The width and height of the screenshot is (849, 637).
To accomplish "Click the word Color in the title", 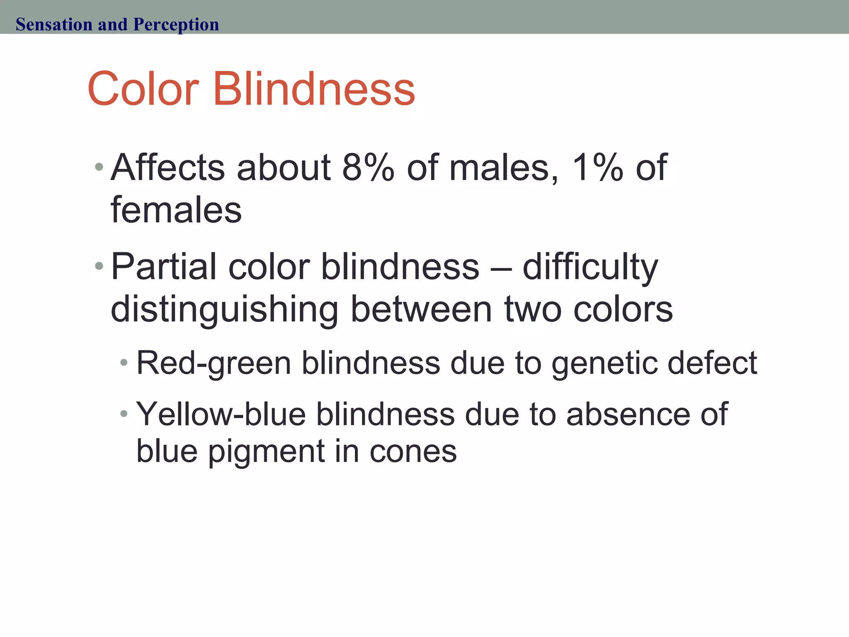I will point(143,89).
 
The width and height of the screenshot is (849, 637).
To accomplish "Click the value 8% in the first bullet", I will point(368,168).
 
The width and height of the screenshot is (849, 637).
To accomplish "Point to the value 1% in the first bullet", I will point(597,168).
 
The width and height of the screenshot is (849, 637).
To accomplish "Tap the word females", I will point(176,210).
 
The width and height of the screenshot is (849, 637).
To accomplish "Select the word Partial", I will point(164,267).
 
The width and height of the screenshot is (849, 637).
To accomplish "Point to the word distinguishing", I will point(224,310).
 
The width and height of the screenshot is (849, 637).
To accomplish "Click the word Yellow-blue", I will point(221,414).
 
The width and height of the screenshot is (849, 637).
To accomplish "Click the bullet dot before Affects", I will point(99,167).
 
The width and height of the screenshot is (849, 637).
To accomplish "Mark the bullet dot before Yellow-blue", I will point(124,413).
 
